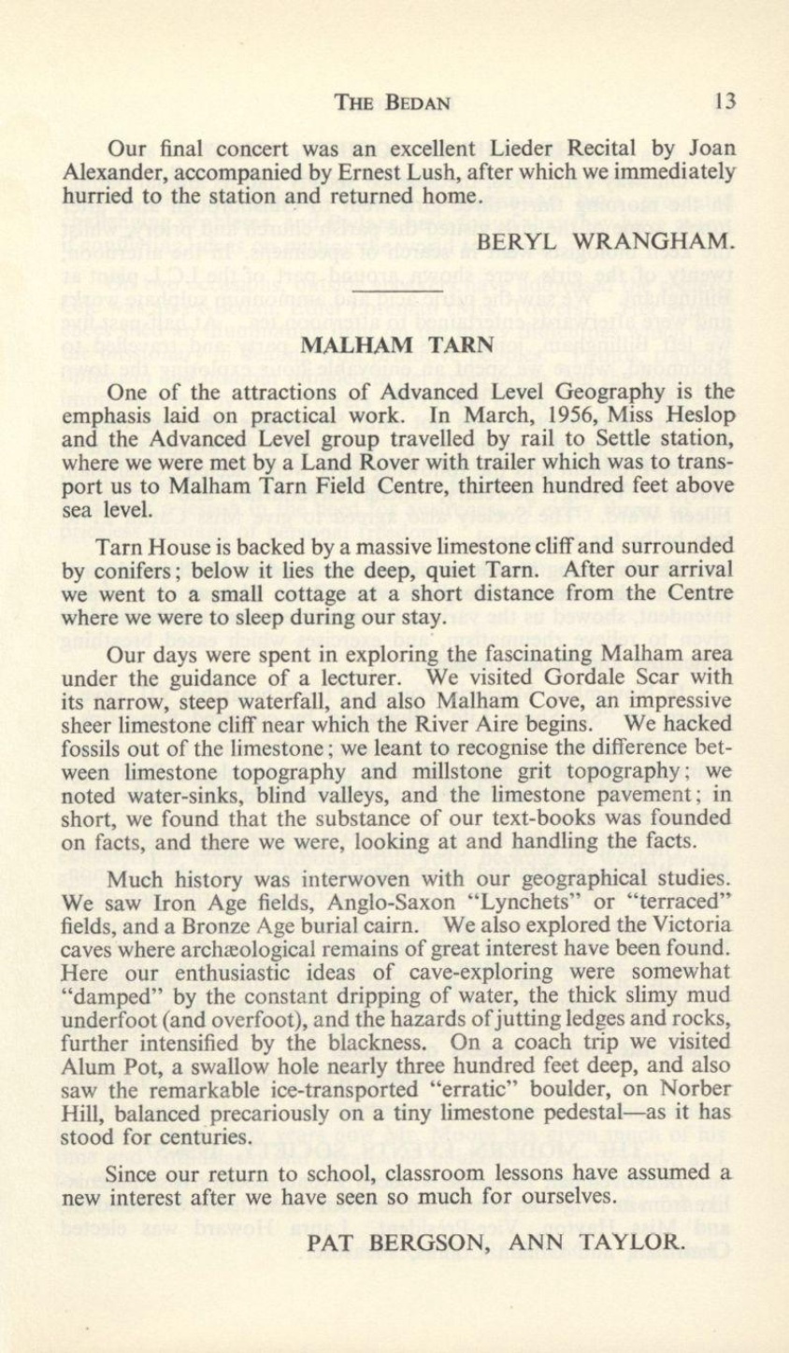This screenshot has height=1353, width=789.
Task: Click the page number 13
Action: [723, 101]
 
